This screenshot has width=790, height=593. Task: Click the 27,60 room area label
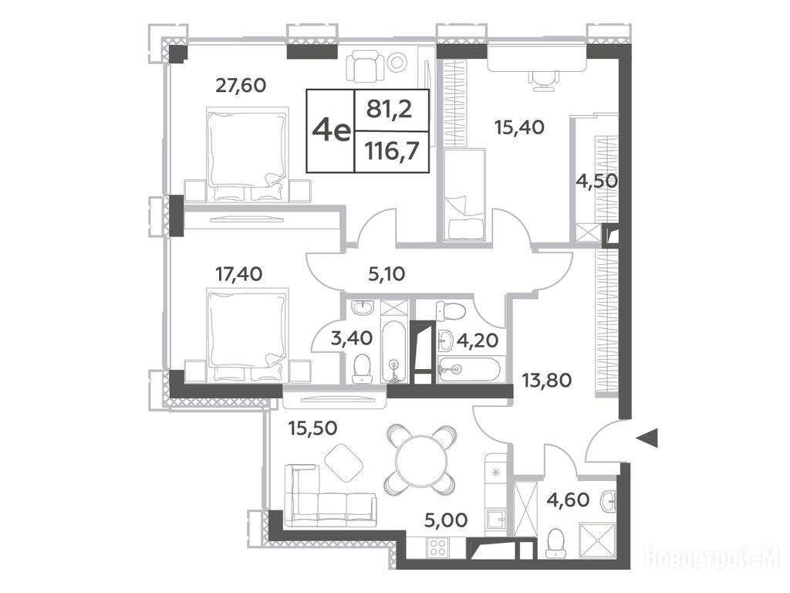(241, 85)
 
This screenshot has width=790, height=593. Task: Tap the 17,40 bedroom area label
(239, 274)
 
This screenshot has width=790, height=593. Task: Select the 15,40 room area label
(519, 127)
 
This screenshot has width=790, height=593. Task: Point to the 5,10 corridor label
(387, 274)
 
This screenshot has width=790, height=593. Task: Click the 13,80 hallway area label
(547, 380)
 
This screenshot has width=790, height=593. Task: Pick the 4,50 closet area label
(597, 181)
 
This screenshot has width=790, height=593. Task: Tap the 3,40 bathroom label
(352, 338)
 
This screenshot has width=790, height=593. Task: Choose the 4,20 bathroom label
(477, 341)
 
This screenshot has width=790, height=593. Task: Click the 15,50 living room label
(313, 428)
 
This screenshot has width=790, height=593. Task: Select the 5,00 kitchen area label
(446, 520)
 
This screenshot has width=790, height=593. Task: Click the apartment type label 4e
(330, 131)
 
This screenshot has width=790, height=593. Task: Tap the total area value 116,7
(393, 151)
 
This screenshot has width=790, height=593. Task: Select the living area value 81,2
(389, 109)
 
